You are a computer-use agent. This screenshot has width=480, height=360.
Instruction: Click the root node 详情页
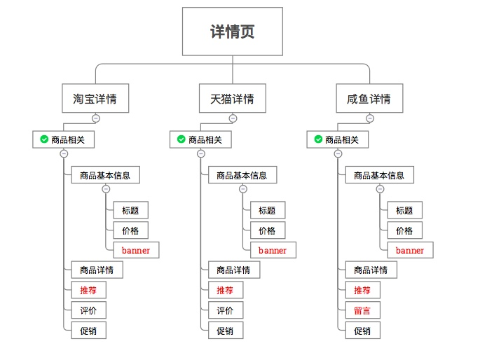tap(233, 32)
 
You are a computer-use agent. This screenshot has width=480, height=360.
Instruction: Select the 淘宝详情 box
tap(95, 99)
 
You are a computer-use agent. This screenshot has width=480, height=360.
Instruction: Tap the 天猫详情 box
tap(233, 99)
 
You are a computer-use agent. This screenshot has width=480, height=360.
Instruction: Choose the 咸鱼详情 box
tap(369, 99)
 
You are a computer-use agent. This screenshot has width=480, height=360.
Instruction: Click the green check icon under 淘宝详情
tap(44, 140)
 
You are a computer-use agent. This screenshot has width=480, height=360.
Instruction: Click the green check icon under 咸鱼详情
tap(318, 140)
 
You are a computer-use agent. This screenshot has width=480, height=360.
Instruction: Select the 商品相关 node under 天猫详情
tap(200, 140)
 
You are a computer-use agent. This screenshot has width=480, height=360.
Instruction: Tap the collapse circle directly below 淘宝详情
tap(96, 118)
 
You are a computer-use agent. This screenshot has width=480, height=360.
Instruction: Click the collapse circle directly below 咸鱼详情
tap(370, 118)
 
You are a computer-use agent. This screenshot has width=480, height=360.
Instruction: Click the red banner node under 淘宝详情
tap(136, 250)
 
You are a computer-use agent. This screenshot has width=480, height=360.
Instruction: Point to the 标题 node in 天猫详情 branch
tap(267, 210)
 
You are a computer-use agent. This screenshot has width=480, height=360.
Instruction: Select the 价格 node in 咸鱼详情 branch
tap(404, 230)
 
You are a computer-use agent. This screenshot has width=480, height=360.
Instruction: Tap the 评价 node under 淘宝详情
tap(88, 310)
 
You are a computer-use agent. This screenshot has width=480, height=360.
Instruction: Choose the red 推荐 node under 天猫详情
tap(225, 290)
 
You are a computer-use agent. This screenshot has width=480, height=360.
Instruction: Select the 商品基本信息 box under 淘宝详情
tap(105, 175)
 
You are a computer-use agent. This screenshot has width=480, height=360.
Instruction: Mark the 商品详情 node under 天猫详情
tap(234, 270)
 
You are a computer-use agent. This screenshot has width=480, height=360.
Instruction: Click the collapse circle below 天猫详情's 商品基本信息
tap(243, 189)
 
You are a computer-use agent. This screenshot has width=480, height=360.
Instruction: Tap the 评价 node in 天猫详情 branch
tap(225, 310)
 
